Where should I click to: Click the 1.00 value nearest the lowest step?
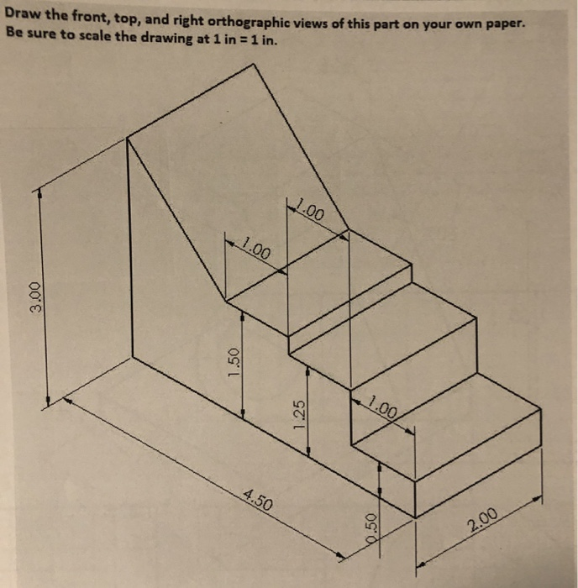[381, 409]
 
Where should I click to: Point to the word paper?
[504, 25]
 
